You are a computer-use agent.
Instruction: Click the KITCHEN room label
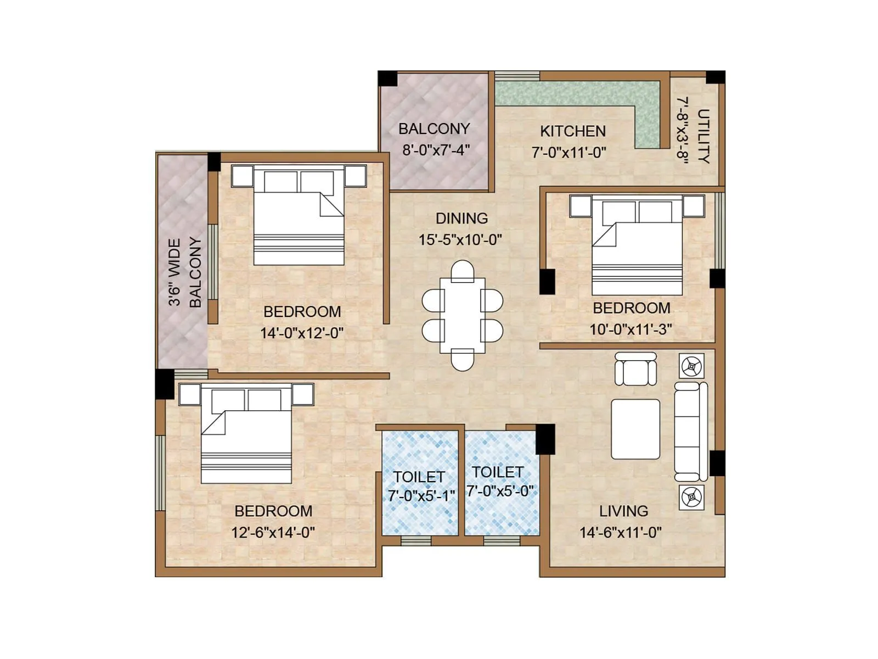coord(572,131)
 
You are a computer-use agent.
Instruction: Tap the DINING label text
coord(461,219)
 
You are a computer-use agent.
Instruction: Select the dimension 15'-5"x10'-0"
coord(460,240)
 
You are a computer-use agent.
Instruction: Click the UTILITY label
coord(703,136)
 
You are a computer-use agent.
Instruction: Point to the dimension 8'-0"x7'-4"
coord(436,150)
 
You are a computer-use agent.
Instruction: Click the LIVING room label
coord(623,511)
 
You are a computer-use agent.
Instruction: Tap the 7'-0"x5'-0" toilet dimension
coord(500,491)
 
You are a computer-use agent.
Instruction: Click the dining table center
coord(462,316)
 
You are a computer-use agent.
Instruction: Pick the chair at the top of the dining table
coord(462,271)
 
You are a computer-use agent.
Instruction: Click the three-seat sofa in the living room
coord(691,432)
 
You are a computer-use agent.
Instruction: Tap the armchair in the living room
coord(635,368)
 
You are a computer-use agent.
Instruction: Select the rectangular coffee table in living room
coord(635,429)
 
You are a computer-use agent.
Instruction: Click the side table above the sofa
coord(691,365)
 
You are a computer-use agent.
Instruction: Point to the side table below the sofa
coord(691,498)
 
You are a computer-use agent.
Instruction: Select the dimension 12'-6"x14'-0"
coord(273,532)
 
